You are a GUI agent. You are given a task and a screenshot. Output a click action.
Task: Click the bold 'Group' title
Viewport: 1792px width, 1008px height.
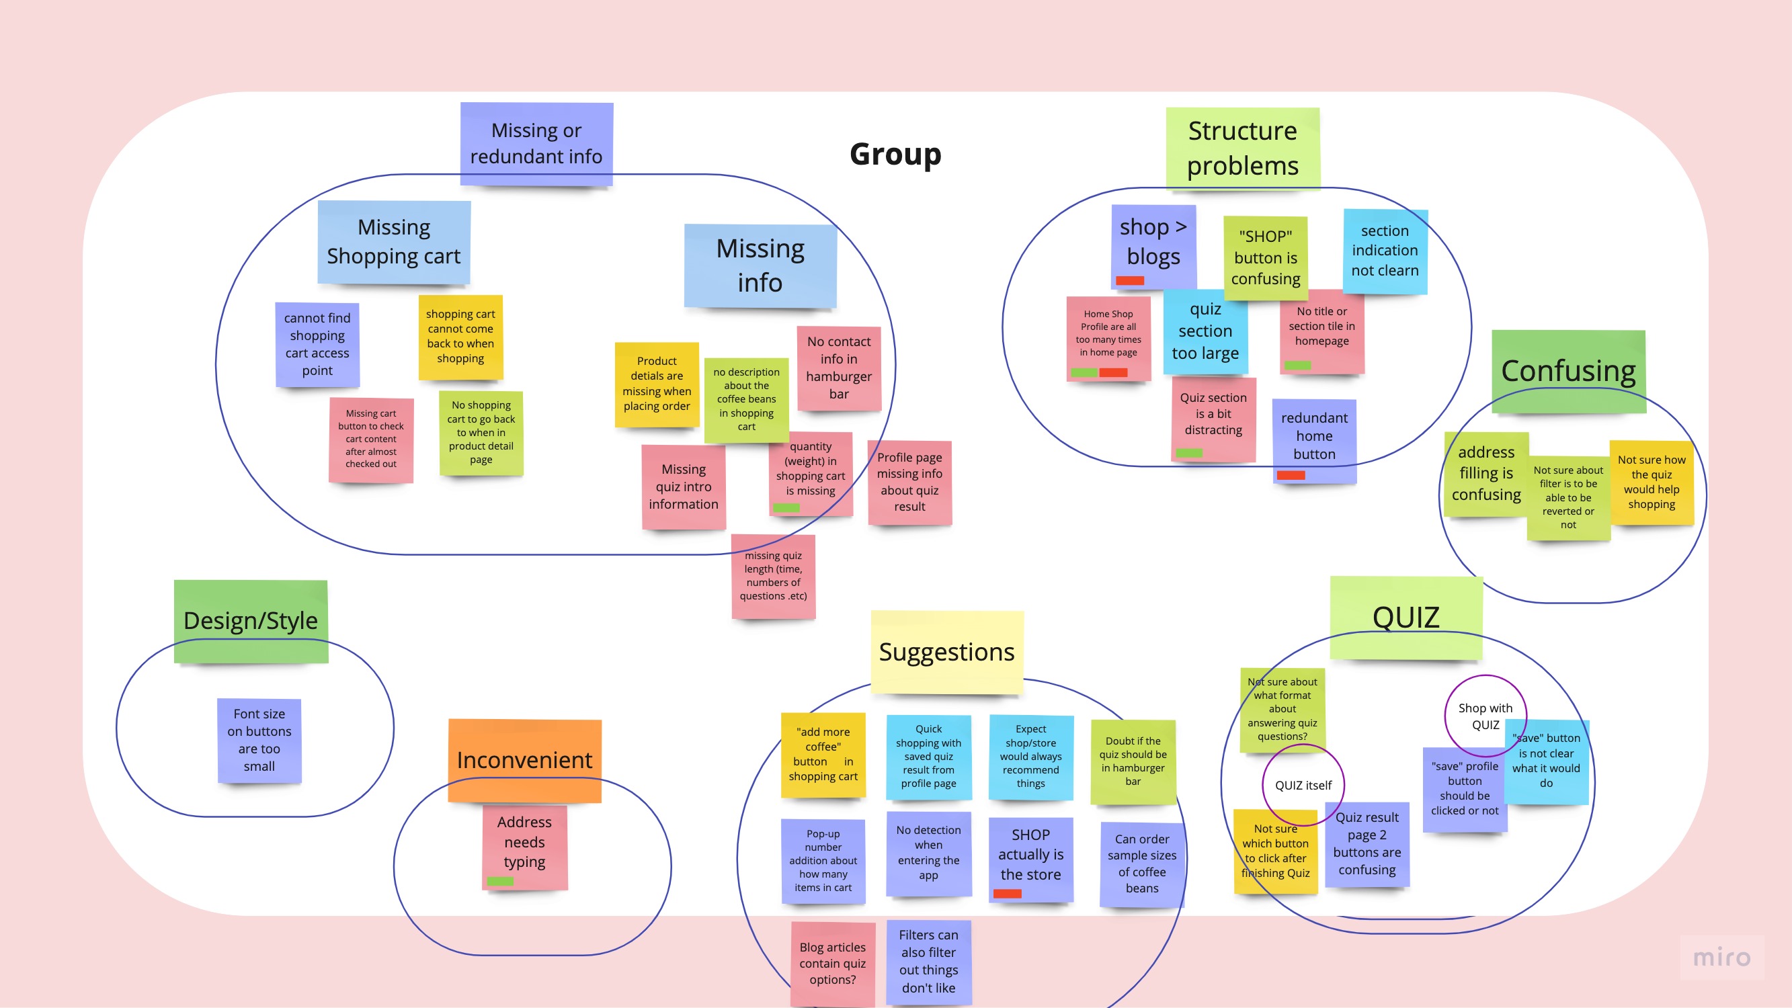(x=895, y=154)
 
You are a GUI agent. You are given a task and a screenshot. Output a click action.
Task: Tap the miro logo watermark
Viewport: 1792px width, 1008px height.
(x=1721, y=958)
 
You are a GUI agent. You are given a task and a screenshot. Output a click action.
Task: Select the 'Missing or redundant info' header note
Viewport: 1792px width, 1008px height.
(x=536, y=143)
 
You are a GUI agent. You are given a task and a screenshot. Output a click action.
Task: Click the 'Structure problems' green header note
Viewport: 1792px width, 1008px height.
(x=1242, y=147)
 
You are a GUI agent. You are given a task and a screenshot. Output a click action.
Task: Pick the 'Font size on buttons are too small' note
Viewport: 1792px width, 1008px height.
(x=259, y=740)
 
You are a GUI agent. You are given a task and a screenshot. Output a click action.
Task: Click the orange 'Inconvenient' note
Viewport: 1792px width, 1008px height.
(x=524, y=759)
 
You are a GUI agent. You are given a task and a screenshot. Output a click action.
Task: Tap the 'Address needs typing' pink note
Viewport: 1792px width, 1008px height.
(x=524, y=843)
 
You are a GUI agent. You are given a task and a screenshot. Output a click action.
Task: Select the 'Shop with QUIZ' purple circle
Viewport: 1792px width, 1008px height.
(x=1485, y=716)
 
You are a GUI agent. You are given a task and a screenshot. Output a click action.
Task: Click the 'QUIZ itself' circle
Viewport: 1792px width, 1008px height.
(x=1303, y=786)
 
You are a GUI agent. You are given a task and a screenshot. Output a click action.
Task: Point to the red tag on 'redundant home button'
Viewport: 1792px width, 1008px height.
(x=1291, y=476)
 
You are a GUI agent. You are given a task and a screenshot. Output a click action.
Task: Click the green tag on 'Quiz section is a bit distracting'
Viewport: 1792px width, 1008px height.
(x=1189, y=454)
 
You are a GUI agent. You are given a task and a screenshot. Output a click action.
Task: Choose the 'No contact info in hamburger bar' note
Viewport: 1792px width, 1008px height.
(x=839, y=368)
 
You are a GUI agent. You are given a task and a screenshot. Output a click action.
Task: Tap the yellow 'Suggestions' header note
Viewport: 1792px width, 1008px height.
(x=947, y=652)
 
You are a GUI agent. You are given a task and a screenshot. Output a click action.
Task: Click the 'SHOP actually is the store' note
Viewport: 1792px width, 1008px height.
(x=1030, y=855)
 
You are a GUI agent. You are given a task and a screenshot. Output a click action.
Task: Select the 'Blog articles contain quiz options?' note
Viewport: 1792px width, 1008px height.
(x=833, y=964)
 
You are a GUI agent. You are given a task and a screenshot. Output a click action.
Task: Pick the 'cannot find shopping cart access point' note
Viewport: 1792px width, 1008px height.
(x=317, y=344)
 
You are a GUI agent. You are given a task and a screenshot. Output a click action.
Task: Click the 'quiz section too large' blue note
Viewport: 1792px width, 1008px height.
(x=1205, y=331)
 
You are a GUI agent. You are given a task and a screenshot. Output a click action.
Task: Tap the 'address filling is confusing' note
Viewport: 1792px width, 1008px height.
(x=1486, y=474)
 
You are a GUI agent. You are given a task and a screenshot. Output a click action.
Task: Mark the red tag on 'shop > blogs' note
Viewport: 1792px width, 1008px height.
(x=1130, y=281)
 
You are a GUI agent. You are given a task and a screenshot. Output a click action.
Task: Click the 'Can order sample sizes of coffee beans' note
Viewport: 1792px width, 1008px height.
(x=1141, y=864)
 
